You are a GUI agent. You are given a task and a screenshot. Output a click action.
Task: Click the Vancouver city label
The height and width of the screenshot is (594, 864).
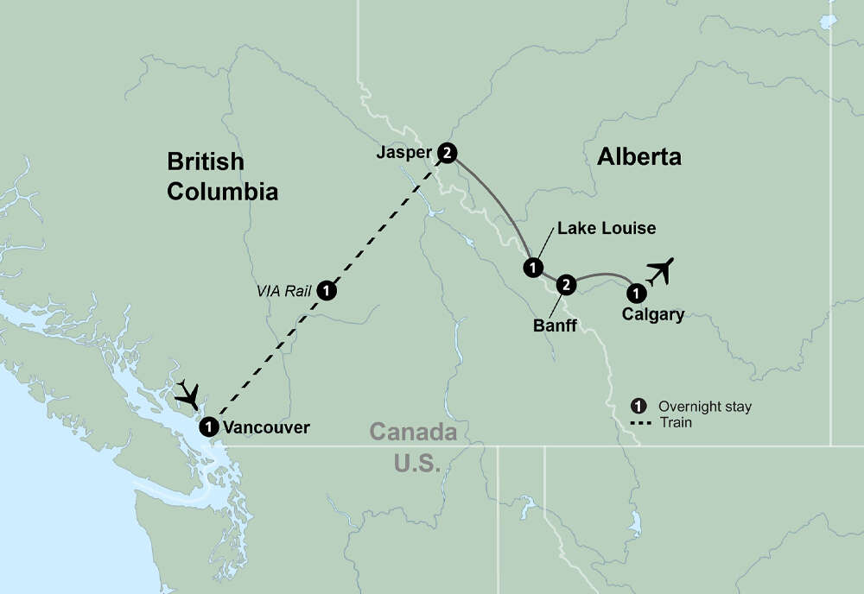click(x=265, y=427)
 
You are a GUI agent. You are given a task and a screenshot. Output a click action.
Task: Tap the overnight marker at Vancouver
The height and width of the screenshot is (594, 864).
click(x=208, y=427)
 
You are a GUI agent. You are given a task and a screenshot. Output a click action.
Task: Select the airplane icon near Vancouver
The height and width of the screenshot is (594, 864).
click(x=189, y=394)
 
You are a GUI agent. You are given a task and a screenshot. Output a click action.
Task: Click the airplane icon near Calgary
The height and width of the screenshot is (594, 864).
click(x=660, y=271)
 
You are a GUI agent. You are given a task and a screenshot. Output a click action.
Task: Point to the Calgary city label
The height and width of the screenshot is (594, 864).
click(x=652, y=314)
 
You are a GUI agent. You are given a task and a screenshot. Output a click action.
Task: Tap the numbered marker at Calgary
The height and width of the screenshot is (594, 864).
click(x=635, y=292)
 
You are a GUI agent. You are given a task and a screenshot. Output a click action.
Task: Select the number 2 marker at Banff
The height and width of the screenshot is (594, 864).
click(x=565, y=282)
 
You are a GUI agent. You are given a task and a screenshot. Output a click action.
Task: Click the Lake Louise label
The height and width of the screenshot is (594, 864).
click(x=607, y=229)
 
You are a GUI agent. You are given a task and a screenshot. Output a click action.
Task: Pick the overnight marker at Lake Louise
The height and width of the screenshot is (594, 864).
click(x=532, y=267)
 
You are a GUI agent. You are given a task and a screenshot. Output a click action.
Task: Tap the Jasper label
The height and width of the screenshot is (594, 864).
click(x=404, y=153)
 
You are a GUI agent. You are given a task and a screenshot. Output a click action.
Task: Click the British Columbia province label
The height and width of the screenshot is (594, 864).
click(x=222, y=176)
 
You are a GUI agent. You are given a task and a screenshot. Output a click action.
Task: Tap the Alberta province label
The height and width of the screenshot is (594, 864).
click(x=638, y=156)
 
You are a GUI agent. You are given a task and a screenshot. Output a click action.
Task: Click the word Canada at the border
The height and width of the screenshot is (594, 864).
click(x=412, y=431)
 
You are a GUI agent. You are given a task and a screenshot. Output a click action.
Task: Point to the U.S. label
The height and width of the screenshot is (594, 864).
click(x=417, y=463)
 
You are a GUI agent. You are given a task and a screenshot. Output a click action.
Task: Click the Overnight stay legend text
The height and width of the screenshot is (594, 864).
click(x=704, y=406)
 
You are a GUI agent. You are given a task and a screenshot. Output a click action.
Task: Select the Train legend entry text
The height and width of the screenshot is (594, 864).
click(x=675, y=422)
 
